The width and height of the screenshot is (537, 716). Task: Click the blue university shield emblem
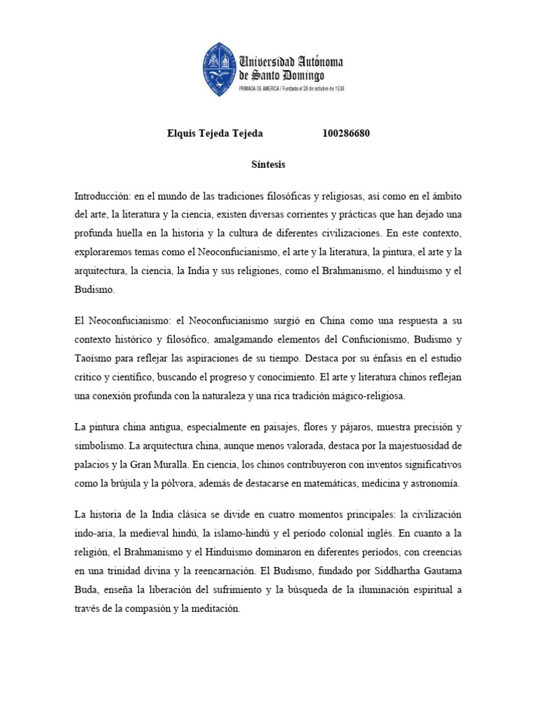(220, 69)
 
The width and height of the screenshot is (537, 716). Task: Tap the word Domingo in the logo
(301, 76)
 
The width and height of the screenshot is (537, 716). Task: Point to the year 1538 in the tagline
(338, 89)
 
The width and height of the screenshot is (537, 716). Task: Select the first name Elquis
(182, 134)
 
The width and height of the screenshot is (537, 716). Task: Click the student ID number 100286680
(346, 134)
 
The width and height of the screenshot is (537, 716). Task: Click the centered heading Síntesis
(268, 165)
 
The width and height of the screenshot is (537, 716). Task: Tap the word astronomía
(431, 482)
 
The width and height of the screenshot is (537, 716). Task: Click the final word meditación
(213, 608)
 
